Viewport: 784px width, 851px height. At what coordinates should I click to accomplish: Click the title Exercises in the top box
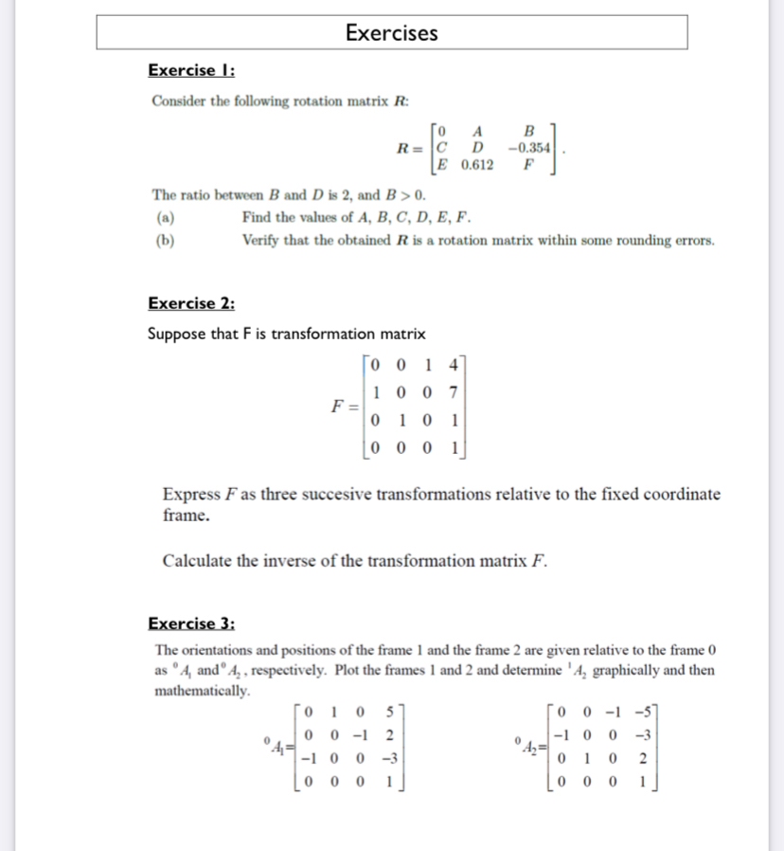[x=391, y=33]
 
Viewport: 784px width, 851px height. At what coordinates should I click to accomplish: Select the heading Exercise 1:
[x=192, y=70]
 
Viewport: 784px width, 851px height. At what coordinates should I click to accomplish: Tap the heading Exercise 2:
[x=192, y=303]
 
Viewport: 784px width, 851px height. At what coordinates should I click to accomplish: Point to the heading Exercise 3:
[x=192, y=623]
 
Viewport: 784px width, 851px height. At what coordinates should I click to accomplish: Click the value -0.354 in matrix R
[x=529, y=148]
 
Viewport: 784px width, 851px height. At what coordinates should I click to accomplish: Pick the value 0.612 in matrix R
[x=477, y=165]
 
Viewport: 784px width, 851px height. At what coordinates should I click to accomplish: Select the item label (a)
[x=164, y=217]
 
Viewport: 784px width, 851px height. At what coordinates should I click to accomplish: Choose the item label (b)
[x=164, y=240]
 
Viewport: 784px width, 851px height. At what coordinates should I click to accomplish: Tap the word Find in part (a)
[x=258, y=217]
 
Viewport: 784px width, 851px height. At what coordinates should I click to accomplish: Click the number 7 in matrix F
[x=454, y=391]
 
